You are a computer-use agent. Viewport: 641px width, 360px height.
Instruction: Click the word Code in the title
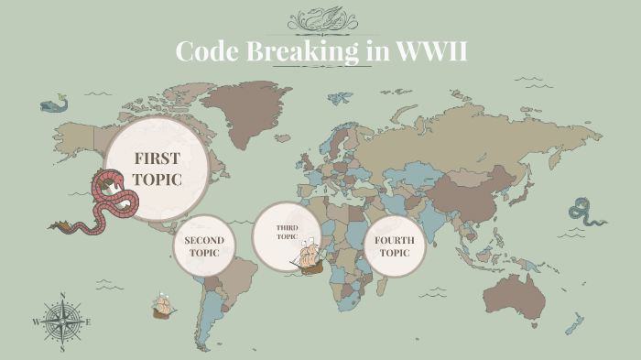point(208,51)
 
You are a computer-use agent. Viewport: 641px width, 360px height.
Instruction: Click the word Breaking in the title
point(302,51)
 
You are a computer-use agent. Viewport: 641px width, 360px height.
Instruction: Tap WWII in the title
point(431,51)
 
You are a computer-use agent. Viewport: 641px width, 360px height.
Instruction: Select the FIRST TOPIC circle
point(156,167)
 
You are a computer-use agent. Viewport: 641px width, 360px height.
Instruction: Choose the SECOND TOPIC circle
point(204,245)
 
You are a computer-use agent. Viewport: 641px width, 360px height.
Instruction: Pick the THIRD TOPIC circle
point(286,233)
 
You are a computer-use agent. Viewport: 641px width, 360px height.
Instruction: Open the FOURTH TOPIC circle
point(395,245)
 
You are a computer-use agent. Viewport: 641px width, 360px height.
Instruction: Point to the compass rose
point(62,322)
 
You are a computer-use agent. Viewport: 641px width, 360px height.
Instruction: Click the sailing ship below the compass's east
point(164,305)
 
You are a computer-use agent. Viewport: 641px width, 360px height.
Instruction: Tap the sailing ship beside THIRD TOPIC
point(311,257)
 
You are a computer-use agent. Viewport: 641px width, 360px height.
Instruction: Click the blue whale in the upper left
point(56,104)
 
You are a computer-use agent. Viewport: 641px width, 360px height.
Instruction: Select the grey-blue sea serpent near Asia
point(583,212)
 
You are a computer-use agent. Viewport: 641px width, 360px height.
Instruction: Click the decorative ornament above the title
point(320,20)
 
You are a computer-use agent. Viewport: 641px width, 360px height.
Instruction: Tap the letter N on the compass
point(62,296)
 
